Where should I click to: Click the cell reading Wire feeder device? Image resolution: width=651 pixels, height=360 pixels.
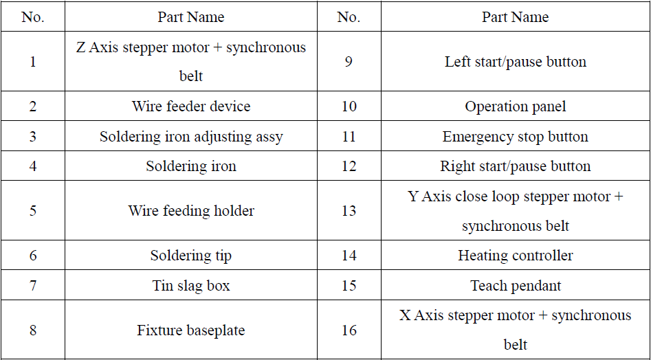click(191, 106)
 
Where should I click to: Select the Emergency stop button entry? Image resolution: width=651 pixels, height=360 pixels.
click(516, 137)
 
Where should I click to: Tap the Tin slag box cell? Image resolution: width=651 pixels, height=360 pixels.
click(191, 285)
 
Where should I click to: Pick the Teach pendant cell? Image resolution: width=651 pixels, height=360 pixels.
click(516, 285)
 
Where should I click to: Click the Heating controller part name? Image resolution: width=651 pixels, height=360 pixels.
click(516, 255)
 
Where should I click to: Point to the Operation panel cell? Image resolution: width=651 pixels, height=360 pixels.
click(516, 106)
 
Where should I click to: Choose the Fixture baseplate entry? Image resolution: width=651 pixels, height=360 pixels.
click(191, 330)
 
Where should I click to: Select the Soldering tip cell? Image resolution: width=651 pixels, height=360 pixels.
click(191, 255)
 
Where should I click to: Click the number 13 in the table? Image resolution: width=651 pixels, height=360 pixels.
click(349, 211)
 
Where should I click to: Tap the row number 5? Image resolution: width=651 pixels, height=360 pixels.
click(33, 211)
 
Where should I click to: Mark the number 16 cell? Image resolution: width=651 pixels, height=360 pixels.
click(349, 330)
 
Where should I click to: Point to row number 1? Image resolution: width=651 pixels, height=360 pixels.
click(33, 62)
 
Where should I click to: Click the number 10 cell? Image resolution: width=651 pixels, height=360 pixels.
click(349, 106)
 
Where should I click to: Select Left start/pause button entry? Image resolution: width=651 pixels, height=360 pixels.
click(516, 62)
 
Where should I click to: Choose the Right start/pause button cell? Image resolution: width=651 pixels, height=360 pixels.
click(516, 166)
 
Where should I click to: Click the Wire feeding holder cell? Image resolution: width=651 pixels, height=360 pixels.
click(191, 211)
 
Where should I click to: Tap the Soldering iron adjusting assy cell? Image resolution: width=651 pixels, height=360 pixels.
click(191, 137)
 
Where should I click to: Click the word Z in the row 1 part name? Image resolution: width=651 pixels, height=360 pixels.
click(81, 47)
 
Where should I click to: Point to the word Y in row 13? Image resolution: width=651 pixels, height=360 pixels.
click(413, 196)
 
